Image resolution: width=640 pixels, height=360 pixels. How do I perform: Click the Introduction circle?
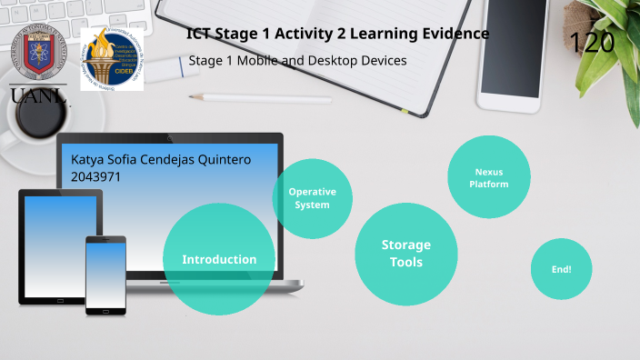coord(218,259)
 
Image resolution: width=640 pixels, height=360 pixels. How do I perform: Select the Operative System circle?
coord(312,198)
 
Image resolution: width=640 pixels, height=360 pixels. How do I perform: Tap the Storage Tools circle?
coord(405,255)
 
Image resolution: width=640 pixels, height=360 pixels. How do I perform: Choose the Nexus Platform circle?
coord(488,177)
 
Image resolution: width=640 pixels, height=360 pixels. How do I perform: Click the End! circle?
coord(561,269)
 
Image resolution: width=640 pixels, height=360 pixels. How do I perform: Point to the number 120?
coord(591,42)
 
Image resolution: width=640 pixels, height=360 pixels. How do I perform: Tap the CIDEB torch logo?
coord(112,57)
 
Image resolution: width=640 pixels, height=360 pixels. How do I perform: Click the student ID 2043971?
coord(95,177)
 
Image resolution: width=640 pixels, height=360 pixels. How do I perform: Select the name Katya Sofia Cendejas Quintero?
coord(160,160)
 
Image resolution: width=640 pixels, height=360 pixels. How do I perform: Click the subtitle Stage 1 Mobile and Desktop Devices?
coord(297,61)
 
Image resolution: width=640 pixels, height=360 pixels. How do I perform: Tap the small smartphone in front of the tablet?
coord(105,275)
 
